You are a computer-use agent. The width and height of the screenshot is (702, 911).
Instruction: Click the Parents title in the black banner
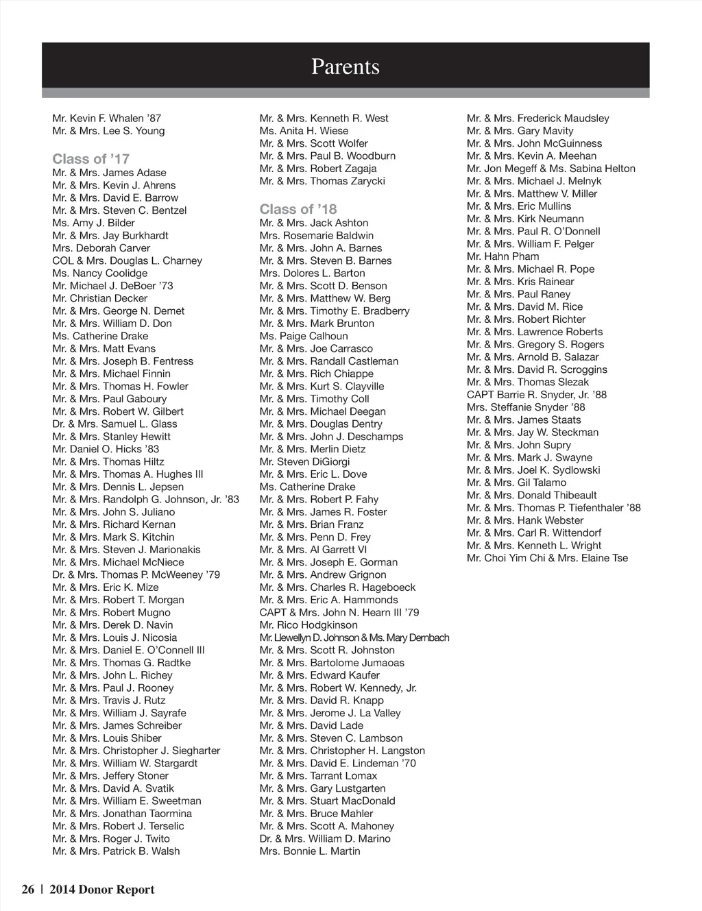click(345, 66)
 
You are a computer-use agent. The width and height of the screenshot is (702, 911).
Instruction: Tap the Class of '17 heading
click(90, 159)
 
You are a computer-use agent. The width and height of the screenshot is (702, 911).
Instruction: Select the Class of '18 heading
click(298, 209)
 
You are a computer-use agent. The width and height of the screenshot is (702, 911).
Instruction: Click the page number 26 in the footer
click(28, 890)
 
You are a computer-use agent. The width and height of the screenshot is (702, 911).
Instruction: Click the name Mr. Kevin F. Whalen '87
click(106, 118)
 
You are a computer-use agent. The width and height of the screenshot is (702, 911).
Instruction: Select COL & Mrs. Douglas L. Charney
click(127, 260)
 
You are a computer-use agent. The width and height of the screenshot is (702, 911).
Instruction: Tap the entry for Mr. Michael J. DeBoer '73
click(112, 286)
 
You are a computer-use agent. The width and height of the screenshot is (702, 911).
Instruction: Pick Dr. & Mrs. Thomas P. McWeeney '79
click(136, 574)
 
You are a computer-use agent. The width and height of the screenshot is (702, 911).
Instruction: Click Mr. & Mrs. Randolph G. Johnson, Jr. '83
click(145, 499)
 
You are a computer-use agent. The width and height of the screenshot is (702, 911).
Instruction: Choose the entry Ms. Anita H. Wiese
click(304, 131)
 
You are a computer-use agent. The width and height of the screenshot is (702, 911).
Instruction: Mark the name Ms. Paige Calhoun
click(304, 336)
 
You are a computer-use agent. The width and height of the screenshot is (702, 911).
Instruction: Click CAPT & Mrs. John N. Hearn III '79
click(339, 612)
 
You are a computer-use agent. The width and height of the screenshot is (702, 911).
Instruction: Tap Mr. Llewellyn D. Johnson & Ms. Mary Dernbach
click(354, 637)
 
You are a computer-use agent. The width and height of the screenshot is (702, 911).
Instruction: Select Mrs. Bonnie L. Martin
click(310, 851)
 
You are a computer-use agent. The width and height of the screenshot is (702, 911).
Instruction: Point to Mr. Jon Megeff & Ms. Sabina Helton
click(550, 169)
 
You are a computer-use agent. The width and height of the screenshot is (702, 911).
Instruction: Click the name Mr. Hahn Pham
click(503, 256)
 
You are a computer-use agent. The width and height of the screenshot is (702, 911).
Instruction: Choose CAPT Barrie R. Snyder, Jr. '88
click(536, 395)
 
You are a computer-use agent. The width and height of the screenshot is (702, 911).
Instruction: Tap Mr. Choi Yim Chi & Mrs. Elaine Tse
click(547, 558)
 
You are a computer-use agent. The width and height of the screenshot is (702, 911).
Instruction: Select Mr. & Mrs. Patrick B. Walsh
click(116, 851)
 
